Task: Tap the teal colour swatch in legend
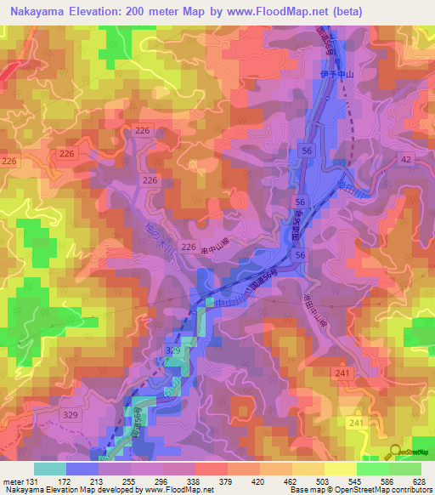pos(50,469)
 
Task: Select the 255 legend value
pos(131,481)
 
